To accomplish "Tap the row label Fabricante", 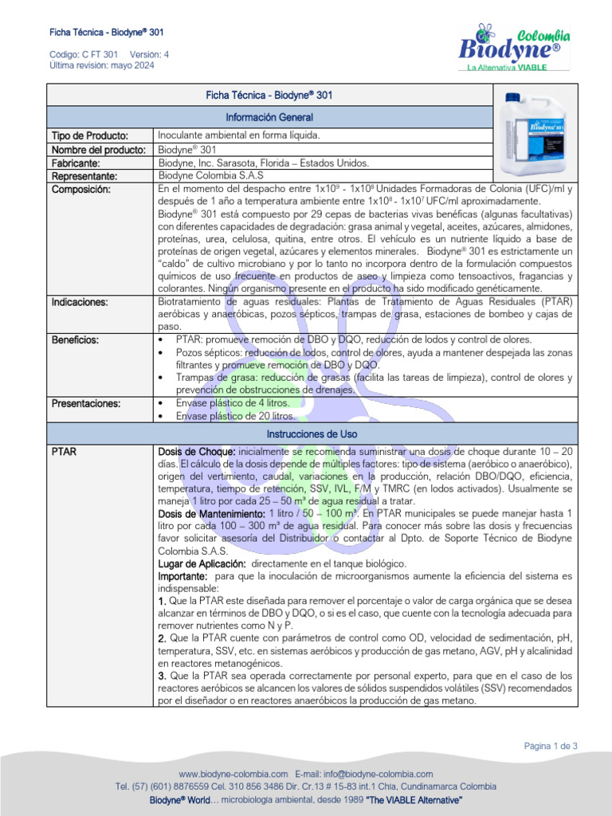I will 79,163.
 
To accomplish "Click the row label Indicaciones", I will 81,302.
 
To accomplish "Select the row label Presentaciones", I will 86,403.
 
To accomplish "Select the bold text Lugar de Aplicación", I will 196,563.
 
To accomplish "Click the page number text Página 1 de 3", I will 551,746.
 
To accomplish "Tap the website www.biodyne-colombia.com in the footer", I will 233,774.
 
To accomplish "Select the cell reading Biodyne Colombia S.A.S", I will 210,175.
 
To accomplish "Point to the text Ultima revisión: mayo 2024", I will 102,65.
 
